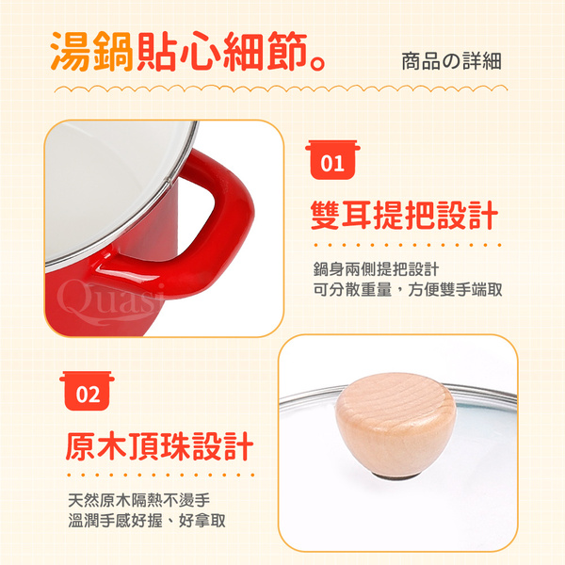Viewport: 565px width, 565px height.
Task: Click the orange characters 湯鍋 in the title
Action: click(x=92, y=52)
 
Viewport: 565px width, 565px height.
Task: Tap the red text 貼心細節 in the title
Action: click(x=221, y=52)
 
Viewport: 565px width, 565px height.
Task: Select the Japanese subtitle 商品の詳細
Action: click(x=451, y=61)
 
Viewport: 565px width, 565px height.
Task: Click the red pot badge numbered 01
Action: click(x=332, y=160)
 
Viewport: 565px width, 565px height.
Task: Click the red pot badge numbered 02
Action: click(x=88, y=391)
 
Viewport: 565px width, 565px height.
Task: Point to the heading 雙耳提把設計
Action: click(x=404, y=215)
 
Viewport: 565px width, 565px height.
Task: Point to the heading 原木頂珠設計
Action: click(x=160, y=446)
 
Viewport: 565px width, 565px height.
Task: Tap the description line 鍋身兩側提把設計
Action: click(x=376, y=269)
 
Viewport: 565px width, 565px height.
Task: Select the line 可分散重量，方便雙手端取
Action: click(x=408, y=289)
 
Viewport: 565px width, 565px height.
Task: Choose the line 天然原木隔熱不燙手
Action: click(x=139, y=500)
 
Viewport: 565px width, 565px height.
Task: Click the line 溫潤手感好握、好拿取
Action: click(x=147, y=521)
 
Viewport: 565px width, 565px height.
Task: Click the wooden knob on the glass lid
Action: click(x=395, y=426)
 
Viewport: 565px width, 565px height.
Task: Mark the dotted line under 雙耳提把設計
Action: click(x=408, y=245)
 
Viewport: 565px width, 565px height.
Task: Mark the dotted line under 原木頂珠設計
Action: click(x=161, y=475)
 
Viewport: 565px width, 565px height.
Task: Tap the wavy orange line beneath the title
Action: click(x=281, y=89)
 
